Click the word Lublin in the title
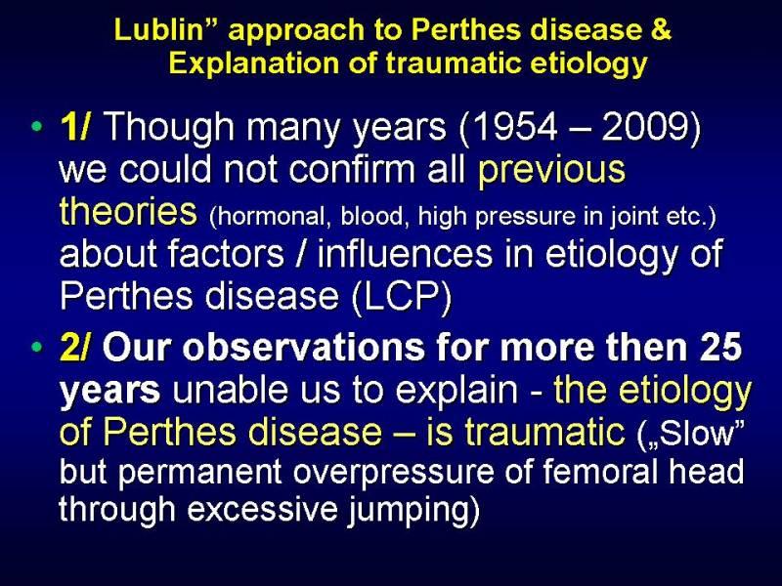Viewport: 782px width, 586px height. coord(159,30)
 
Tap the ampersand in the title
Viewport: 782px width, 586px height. coord(661,30)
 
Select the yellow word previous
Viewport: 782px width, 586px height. coord(551,170)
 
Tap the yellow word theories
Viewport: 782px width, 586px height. coord(128,211)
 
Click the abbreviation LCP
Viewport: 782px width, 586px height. coord(401,296)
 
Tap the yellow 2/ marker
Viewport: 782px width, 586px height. coord(75,347)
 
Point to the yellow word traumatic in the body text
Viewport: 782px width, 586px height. coord(544,432)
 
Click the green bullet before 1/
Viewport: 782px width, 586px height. coord(36,126)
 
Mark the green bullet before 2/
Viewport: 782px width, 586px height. coord(36,346)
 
